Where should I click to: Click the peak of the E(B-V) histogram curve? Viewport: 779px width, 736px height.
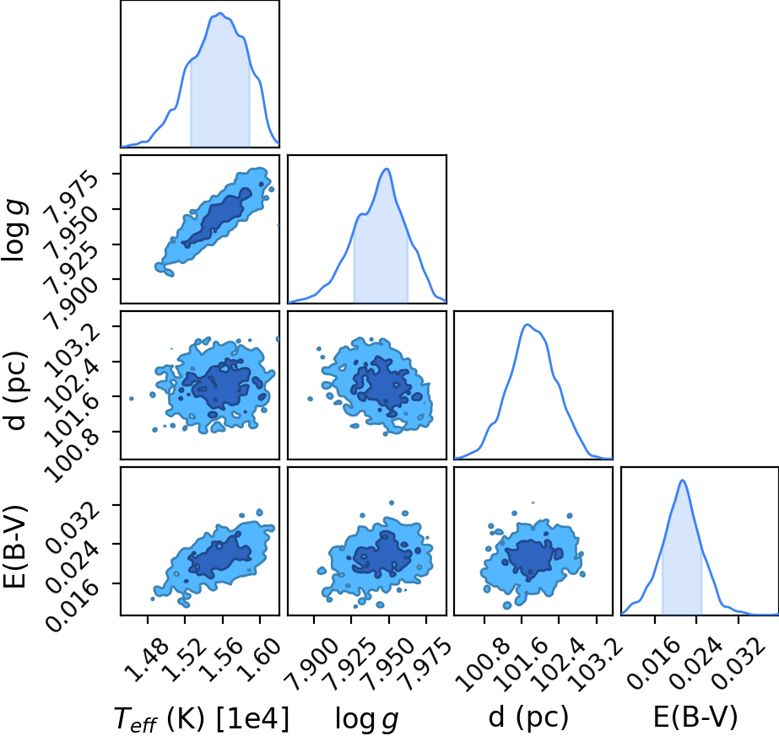[x=683, y=480]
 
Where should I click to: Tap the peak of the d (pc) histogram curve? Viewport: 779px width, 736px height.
[x=527, y=325]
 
